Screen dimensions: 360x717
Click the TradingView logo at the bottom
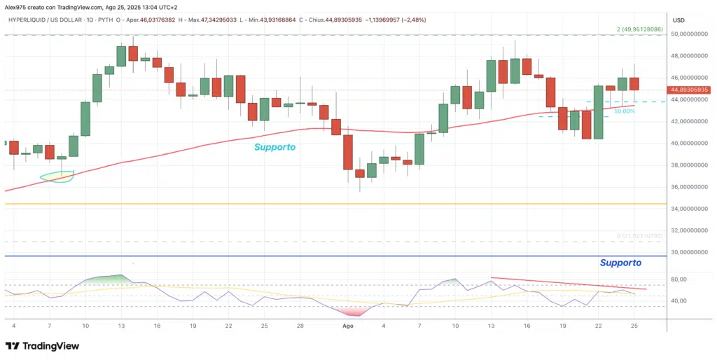pyautogui.click(x=42, y=346)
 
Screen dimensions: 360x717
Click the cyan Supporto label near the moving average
pyautogui.click(x=274, y=147)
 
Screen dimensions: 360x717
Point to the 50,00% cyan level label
pyautogui.click(x=625, y=111)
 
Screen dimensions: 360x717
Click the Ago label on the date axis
pyautogui.click(x=347, y=326)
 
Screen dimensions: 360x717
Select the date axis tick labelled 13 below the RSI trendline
pyautogui.click(x=492, y=326)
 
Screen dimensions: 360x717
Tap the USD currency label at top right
pyautogui.click(x=678, y=20)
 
